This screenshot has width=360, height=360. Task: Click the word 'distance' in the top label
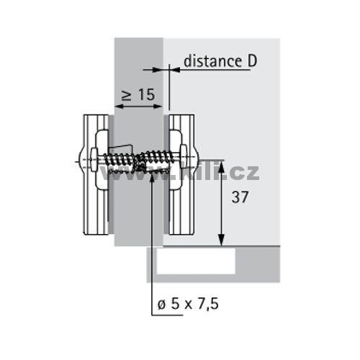click(212, 61)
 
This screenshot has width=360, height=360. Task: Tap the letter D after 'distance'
click(252, 61)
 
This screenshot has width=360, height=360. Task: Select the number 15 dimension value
click(146, 94)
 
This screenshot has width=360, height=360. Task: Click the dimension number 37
click(240, 197)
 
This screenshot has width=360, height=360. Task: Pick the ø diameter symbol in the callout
click(162, 305)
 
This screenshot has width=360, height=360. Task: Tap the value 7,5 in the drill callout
click(208, 305)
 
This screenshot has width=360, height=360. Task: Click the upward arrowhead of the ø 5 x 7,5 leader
click(152, 178)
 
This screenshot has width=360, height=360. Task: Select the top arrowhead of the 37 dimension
click(221, 166)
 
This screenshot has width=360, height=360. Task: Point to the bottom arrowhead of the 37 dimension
click(221, 240)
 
